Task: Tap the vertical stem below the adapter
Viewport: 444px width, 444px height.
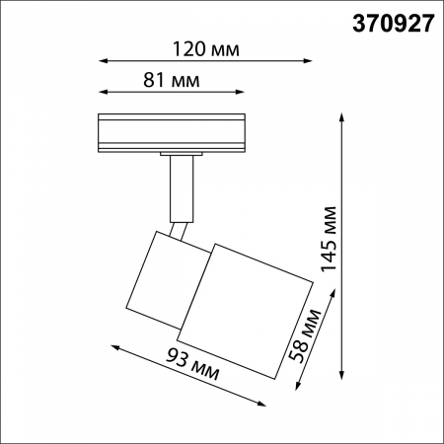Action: (x=182, y=187)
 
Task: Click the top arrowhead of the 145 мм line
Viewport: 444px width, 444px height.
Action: (x=342, y=116)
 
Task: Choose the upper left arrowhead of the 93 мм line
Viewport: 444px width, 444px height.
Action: (x=111, y=346)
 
